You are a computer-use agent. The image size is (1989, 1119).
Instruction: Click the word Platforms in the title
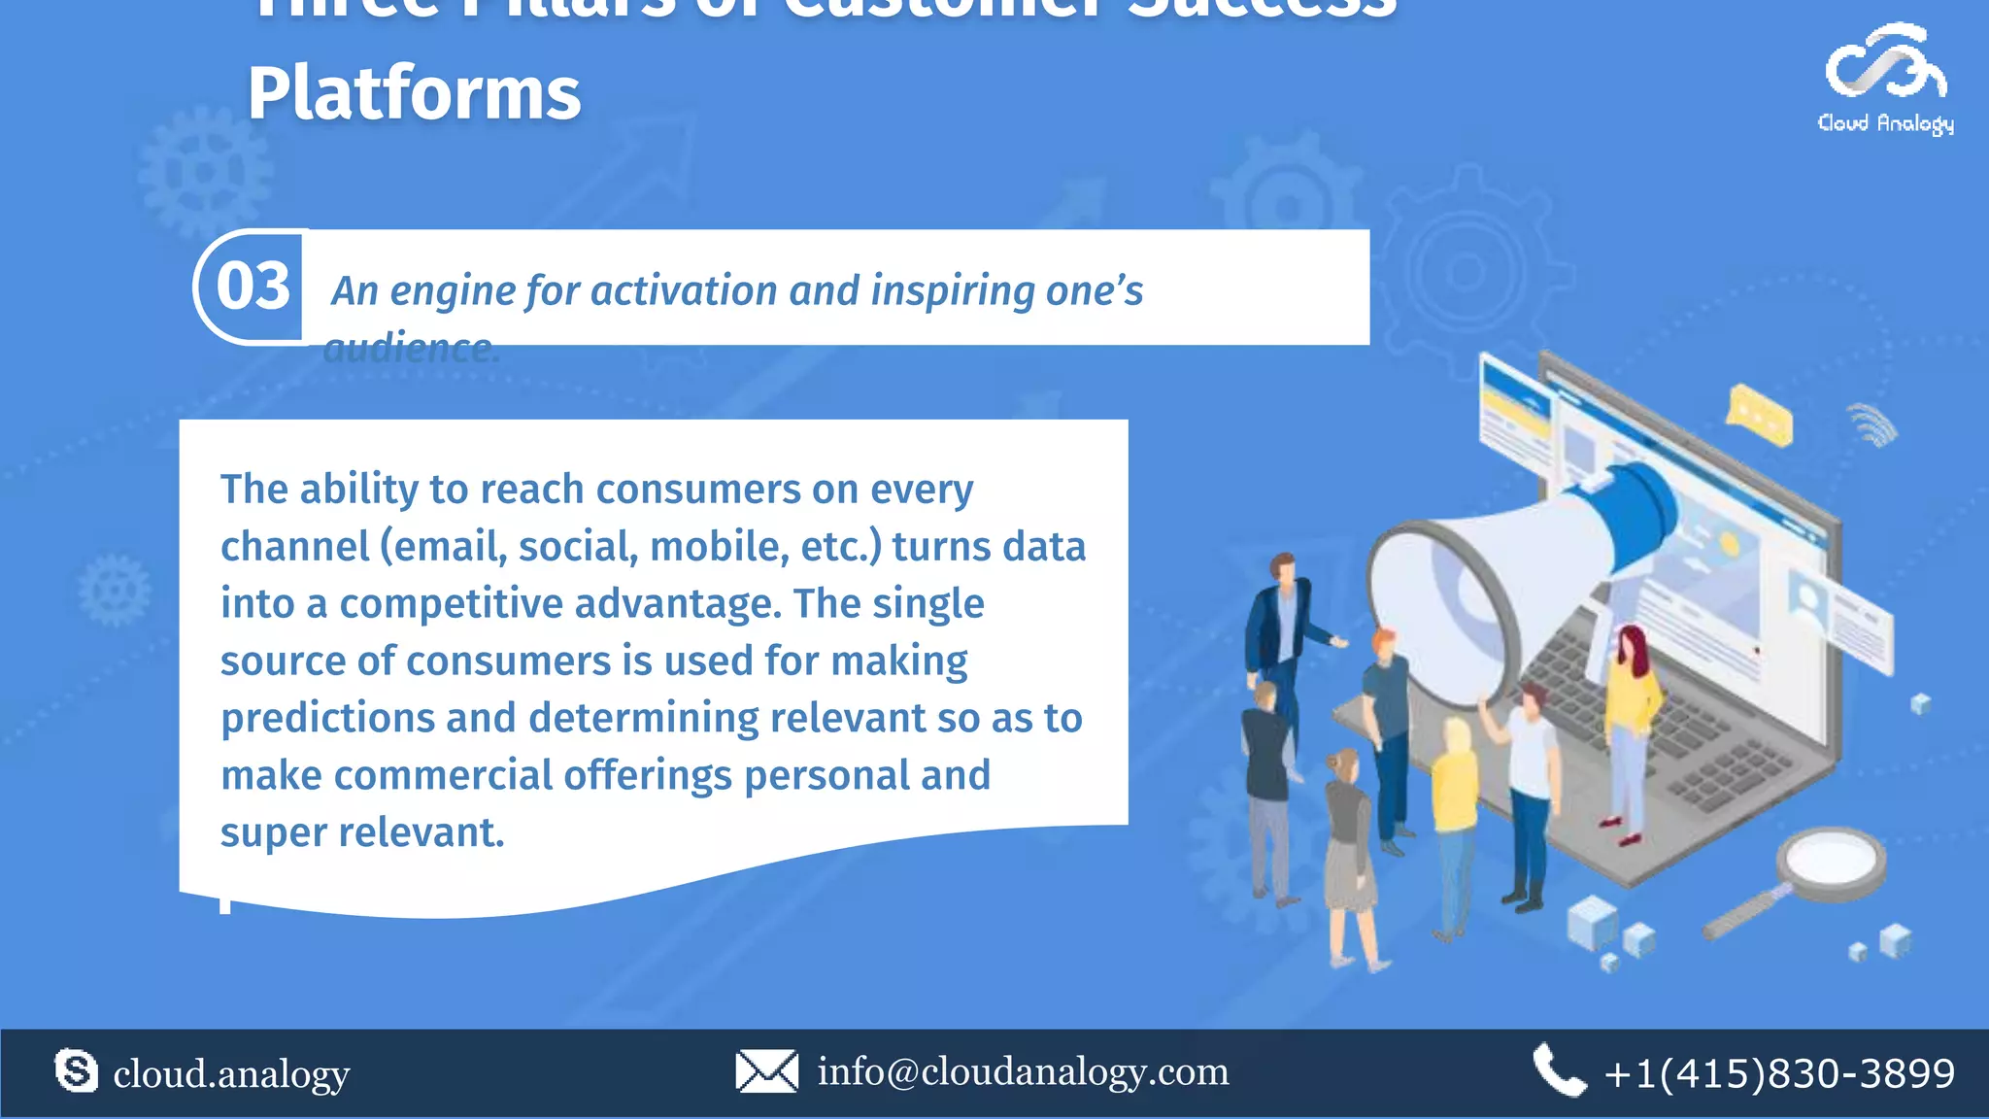(414, 94)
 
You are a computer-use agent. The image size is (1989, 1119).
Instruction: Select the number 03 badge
(253, 287)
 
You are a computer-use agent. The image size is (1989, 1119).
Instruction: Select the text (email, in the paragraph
(442, 547)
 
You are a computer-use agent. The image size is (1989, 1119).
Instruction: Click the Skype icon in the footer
(76, 1071)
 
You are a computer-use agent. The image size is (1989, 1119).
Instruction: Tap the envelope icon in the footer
(766, 1071)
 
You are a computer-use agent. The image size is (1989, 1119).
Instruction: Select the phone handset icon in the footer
(1558, 1071)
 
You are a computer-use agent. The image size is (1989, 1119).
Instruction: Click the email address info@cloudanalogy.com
(1023, 1072)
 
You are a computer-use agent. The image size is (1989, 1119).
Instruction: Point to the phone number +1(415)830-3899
(1779, 1074)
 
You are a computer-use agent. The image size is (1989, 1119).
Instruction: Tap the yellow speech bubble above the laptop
(1759, 416)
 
